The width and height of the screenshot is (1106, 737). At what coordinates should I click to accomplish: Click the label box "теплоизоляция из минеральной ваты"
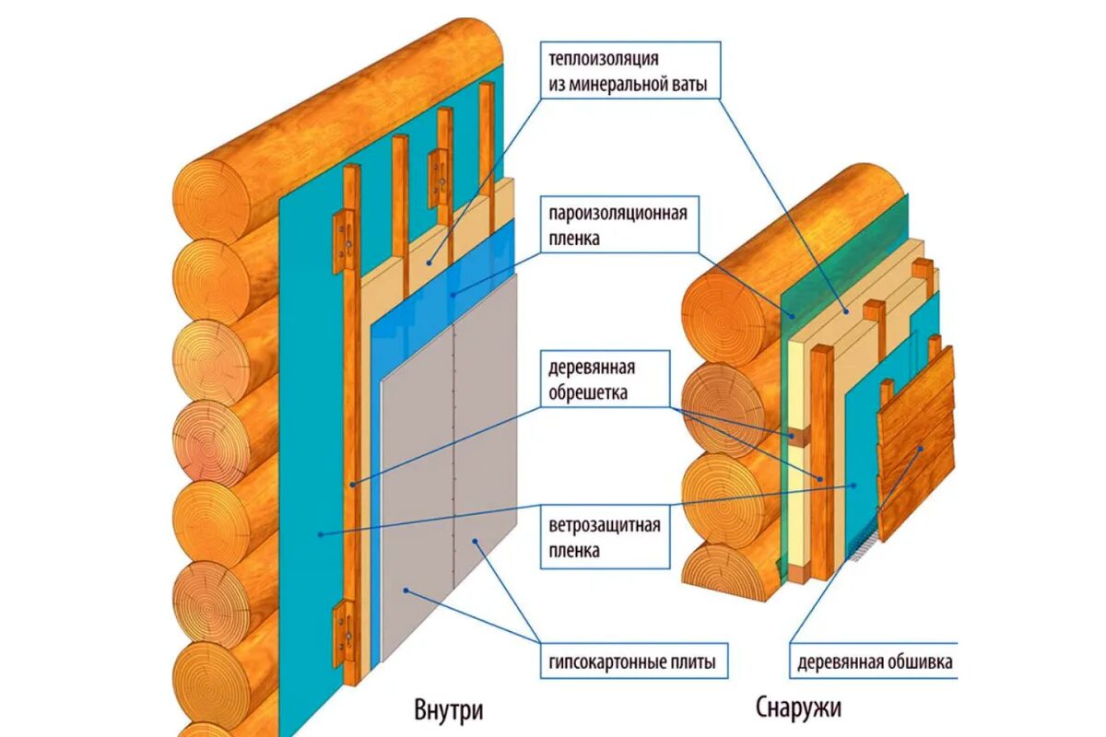pos(629,72)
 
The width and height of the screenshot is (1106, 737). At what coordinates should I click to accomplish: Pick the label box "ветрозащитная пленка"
pos(605,539)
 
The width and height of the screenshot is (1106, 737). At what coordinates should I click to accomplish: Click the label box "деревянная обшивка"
pos(873,661)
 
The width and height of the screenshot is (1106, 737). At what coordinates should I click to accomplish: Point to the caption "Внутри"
pos(448,711)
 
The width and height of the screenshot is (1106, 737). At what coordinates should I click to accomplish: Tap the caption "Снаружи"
pos(798,708)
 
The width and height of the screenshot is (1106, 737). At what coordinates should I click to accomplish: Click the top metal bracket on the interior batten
pos(345,235)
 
